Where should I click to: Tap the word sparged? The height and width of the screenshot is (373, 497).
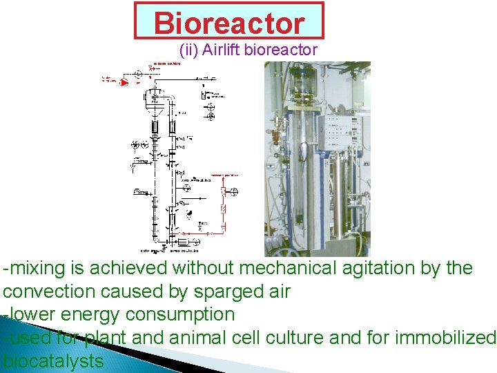(223, 291)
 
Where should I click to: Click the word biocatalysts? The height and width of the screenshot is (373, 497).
(53, 361)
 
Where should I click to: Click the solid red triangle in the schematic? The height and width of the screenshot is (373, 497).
(125, 82)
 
